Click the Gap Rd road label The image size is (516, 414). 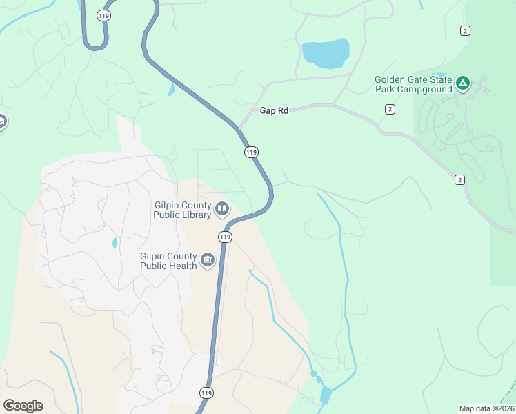pyautogui.click(x=274, y=110)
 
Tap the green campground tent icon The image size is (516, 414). pyautogui.click(x=463, y=84)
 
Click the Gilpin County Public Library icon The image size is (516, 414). pyautogui.click(x=221, y=208)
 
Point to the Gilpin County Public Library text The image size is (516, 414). pyautogui.click(x=182, y=209)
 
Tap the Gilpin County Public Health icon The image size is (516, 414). pyautogui.click(x=208, y=260)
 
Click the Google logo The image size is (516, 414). pyautogui.click(x=23, y=406)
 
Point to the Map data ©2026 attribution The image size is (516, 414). pyautogui.click(x=486, y=408)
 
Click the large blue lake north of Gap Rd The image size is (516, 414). pyautogui.click(x=326, y=52)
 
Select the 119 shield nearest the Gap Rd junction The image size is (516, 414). pyautogui.click(x=251, y=152)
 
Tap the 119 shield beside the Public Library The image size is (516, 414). pyautogui.click(x=225, y=237)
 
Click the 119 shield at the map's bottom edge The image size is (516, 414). pyautogui.click(x=206, y=393)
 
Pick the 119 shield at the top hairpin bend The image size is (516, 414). pyautogui.click(x=103, y=14)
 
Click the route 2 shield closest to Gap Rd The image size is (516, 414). pyautogui.click(x=390, y=109)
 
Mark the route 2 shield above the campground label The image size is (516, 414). pyautogui.click(x=466, y=30)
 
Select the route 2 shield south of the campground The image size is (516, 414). pyautogui.click(x=459, y=179)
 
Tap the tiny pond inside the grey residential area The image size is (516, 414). pyautogui.click(x=113, y=243)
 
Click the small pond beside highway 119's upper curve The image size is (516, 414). pyautogui.click(x=171, y=90)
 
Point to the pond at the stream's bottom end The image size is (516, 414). pyautogui.click(x=326, y=395)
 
